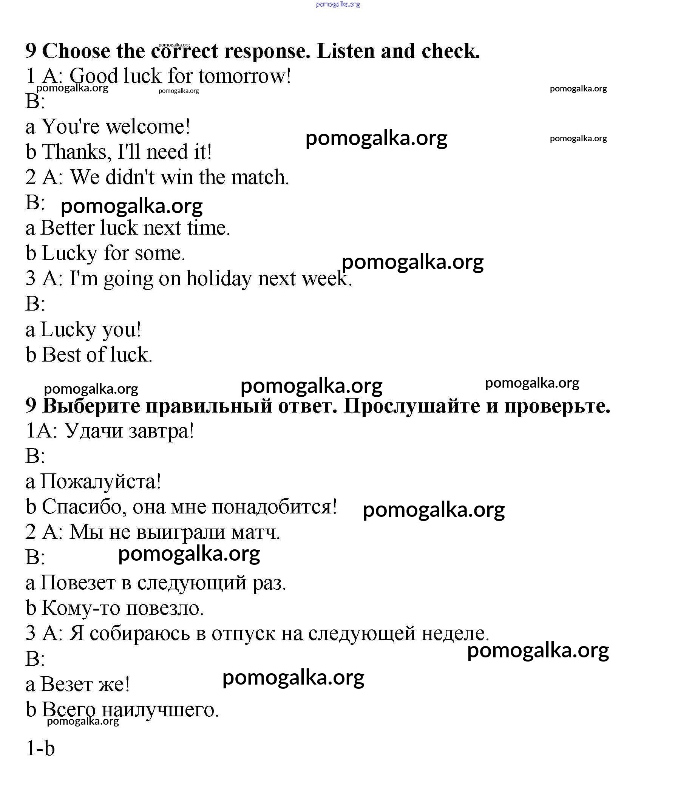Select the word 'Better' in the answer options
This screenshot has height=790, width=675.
68,228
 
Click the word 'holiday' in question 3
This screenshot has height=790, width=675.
219,279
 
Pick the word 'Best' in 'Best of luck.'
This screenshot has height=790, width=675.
61,355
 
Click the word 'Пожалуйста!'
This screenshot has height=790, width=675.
100,482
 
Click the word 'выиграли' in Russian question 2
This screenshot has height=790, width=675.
181,532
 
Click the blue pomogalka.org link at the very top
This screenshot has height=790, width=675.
338,5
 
